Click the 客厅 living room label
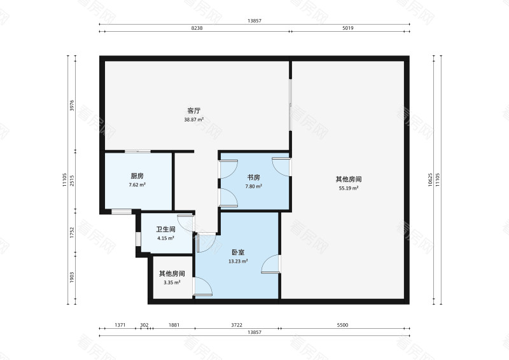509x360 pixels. point(194,111)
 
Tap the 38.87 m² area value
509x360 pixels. point(194,120)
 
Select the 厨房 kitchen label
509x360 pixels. point(137,176)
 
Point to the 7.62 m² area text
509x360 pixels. point(137,185)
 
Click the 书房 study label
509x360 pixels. point(254,177)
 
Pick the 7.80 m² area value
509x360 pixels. point(254,186)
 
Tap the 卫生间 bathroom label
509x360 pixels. point(167,230)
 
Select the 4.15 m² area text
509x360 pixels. point(167,239)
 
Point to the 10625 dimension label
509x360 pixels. point(430,179)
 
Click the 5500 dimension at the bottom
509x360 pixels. point(342,325)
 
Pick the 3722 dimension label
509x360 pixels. point(237,325)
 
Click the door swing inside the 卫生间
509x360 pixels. point(186,223)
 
